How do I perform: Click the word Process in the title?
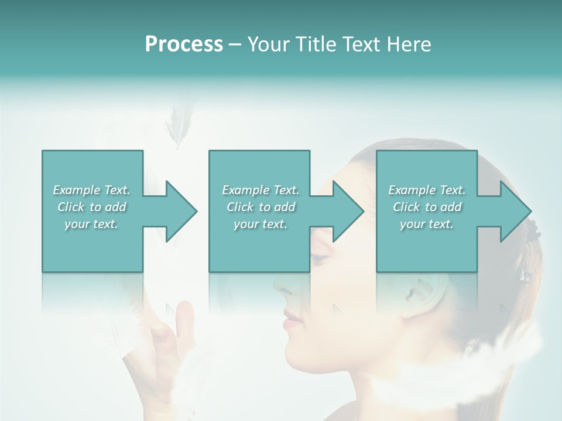(184, 44)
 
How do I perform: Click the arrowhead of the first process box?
(182, 211)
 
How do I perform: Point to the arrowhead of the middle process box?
(348, 211)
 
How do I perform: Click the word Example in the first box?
(76, 190)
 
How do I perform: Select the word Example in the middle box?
(245, 190)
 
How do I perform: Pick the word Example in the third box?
(412, 190)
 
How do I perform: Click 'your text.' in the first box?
(91, 224)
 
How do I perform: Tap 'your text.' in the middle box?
(261, 224)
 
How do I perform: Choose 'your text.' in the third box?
(427, 224)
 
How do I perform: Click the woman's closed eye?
(320, 257)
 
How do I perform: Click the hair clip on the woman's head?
(525, 275)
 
